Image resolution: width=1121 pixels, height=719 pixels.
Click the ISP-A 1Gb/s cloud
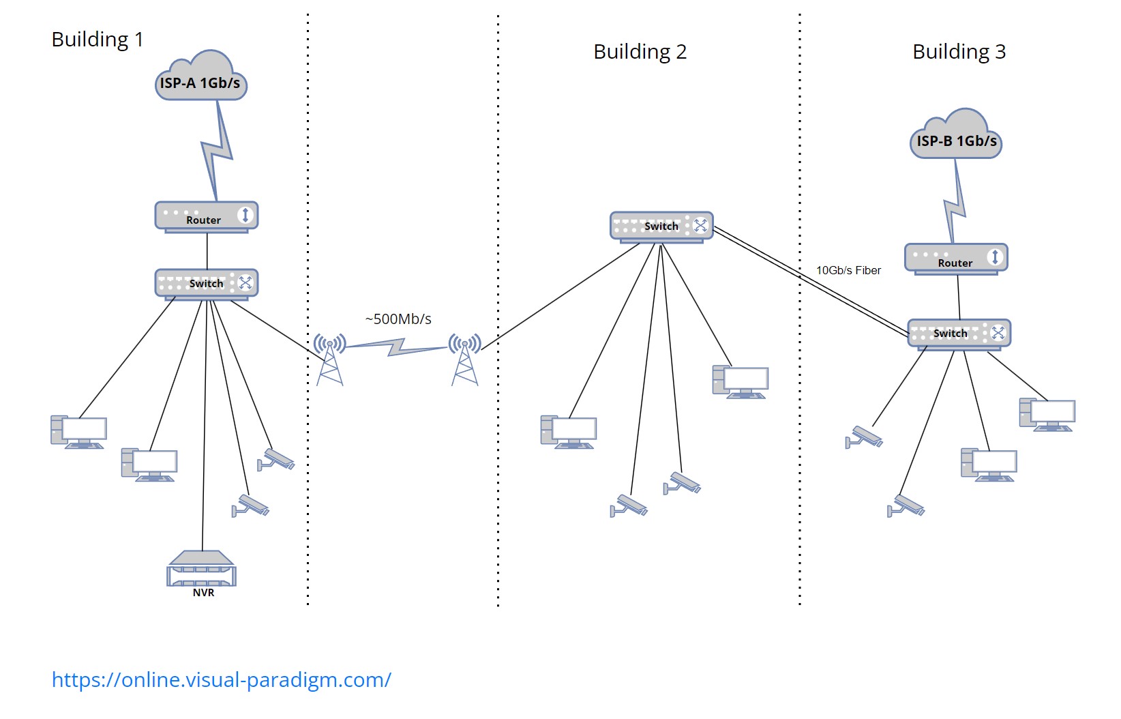[201, 80]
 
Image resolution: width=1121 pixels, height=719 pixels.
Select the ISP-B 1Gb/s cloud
[956, 138]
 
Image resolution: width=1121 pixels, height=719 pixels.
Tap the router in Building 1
[206, 217]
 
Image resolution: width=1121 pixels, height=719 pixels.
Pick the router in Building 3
[955, 259]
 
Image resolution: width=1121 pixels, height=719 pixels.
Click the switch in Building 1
[206, 283]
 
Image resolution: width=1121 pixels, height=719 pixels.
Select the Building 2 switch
[661, 226]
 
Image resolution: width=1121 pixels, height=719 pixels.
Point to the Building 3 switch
[959, 334]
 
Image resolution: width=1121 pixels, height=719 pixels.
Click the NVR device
[202, 570]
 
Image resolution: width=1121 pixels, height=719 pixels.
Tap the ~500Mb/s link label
[398, 319]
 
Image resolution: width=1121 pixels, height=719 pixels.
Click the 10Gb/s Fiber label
[848, 271]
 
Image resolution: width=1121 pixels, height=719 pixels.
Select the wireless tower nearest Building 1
[330, 359]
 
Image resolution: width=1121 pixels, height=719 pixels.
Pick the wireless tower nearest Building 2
[465, 359]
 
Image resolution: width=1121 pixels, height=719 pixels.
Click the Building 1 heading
[98, 40]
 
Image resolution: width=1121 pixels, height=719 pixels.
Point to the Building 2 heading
[640, 52]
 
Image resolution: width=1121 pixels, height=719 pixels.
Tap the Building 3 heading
[959, 52]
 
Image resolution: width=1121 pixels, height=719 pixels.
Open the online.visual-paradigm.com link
[222, 680]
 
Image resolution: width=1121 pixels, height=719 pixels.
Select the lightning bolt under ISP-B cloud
[956, 202]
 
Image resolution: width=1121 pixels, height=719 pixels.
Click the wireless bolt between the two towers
[397, 348]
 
